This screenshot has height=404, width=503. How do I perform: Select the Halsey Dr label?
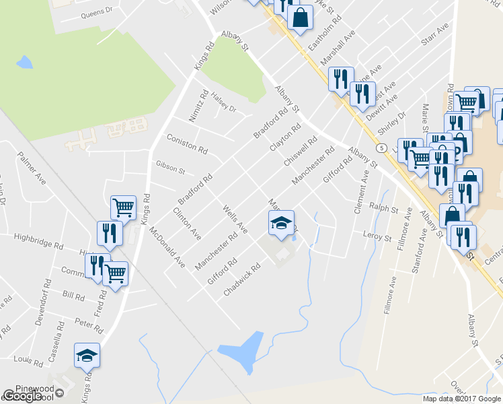(224, 104)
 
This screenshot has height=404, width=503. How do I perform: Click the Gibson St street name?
(170, 166)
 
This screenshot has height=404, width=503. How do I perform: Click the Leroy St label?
(377, 237)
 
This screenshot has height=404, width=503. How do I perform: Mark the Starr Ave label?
(434, 36)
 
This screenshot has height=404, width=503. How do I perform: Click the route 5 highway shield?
(381, 147)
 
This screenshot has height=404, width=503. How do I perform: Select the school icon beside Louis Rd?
(87, 354)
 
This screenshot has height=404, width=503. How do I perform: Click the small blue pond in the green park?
(24, 63)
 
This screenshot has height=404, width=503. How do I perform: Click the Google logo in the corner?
(22, 396)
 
